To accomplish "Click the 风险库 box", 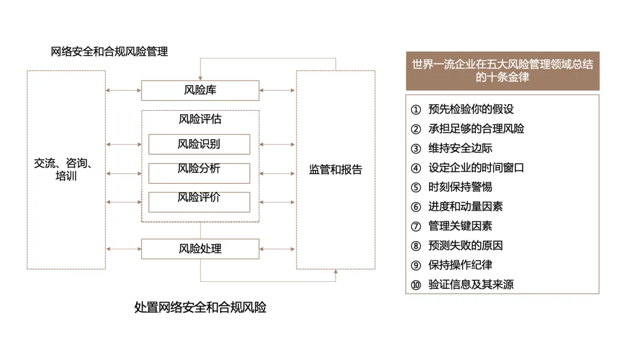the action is [200, 91].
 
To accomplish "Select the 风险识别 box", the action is [199, 144].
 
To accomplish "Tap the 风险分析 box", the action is [199, 173].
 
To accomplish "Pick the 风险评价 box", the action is [199, 202].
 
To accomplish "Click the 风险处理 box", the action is [200, 249].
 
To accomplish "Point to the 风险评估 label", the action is [200, 119].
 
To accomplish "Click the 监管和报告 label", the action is [335, 169].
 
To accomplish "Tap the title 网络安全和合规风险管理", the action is [109, 52].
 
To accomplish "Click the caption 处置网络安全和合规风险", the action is [200, 307].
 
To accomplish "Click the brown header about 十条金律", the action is [502, 71].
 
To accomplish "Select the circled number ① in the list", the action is [416, 110].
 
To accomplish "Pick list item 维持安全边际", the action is [460, 149].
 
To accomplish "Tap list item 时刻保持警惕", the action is [460, 187].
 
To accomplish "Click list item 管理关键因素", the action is [460, 226].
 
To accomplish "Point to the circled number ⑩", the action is [416, 285].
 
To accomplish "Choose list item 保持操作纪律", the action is [460, 265].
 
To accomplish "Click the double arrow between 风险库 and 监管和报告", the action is [277, 90].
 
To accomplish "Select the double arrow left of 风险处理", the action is [124, 249].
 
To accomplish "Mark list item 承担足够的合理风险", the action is [476, 129].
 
